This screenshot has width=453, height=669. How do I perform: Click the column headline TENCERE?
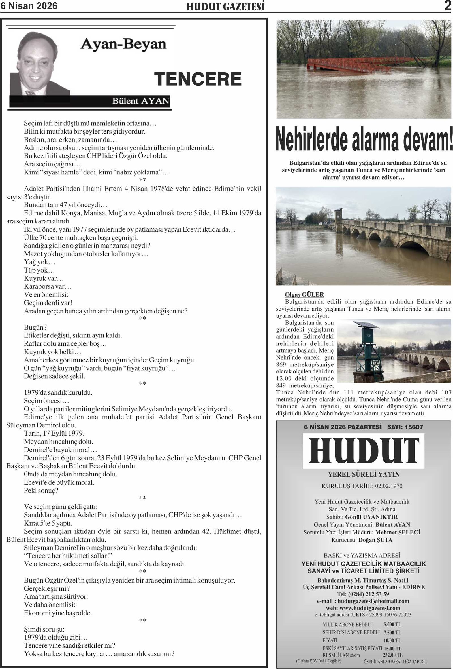point(198,79)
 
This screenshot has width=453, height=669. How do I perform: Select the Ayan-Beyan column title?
point(123,45)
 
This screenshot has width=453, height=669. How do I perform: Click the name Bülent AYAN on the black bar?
point(140,101)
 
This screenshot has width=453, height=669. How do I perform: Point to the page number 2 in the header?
point(448,6)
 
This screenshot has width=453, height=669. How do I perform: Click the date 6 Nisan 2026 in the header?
point(29,6)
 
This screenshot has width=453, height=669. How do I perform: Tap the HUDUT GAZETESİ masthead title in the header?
point(226,7)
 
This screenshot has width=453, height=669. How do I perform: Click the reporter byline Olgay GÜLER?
point(304,294)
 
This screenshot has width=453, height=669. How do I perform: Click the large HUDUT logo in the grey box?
point(364,451)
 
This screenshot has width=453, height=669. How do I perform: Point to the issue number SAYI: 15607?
point(405,427)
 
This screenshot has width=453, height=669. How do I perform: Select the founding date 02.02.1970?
point(388,486)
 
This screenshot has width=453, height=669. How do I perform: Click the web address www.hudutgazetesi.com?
point(370,608)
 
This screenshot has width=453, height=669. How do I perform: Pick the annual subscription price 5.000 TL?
point(392,625)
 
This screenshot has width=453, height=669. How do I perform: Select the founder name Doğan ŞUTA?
point(375,540)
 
